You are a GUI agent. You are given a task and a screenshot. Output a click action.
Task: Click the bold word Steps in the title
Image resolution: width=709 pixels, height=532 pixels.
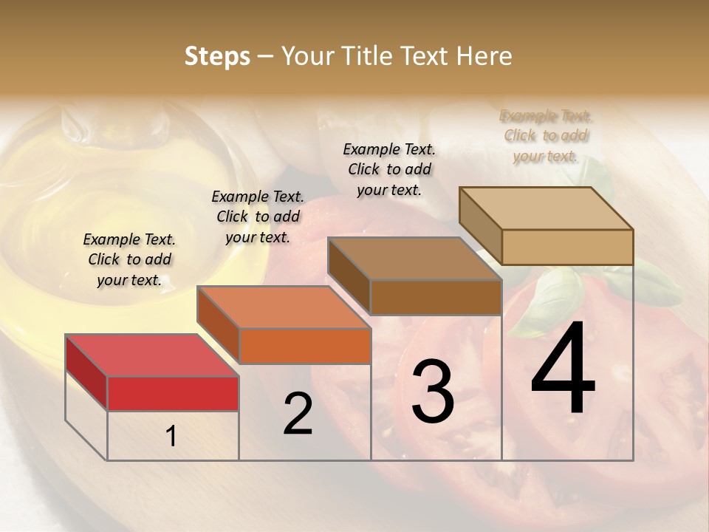click(217, 57)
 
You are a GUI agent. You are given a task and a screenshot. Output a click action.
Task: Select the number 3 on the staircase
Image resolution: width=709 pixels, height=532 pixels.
click(432, 391)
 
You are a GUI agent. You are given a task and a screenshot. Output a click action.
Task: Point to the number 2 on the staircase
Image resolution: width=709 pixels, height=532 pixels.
click(298, 414)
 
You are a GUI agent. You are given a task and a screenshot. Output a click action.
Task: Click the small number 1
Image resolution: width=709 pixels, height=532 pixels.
click(171, 437)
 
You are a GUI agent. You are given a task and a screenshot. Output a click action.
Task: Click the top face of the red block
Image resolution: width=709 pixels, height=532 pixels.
click(151, 355)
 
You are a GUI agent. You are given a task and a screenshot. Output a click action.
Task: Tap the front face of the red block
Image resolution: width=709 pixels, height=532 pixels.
click(173, 393)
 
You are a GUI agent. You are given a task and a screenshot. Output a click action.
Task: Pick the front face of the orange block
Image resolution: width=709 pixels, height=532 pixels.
click(305, 346)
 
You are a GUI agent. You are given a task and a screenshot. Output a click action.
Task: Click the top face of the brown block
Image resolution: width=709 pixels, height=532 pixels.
click(414, 259)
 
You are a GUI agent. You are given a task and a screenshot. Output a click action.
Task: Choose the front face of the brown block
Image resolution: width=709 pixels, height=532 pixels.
click(436, 297)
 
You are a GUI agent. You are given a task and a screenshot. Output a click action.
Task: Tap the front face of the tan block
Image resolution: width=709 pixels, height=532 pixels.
click(567, 247)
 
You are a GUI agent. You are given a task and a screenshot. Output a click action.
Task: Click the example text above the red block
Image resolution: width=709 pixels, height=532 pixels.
click(129, 259)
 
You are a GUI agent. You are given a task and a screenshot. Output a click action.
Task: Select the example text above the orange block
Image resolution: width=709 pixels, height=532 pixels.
click(258, 216)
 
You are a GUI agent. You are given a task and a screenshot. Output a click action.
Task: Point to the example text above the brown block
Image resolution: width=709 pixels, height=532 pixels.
click(389, 169)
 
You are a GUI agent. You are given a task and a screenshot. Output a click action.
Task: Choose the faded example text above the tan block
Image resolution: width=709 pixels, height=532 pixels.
click(546, 135)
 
